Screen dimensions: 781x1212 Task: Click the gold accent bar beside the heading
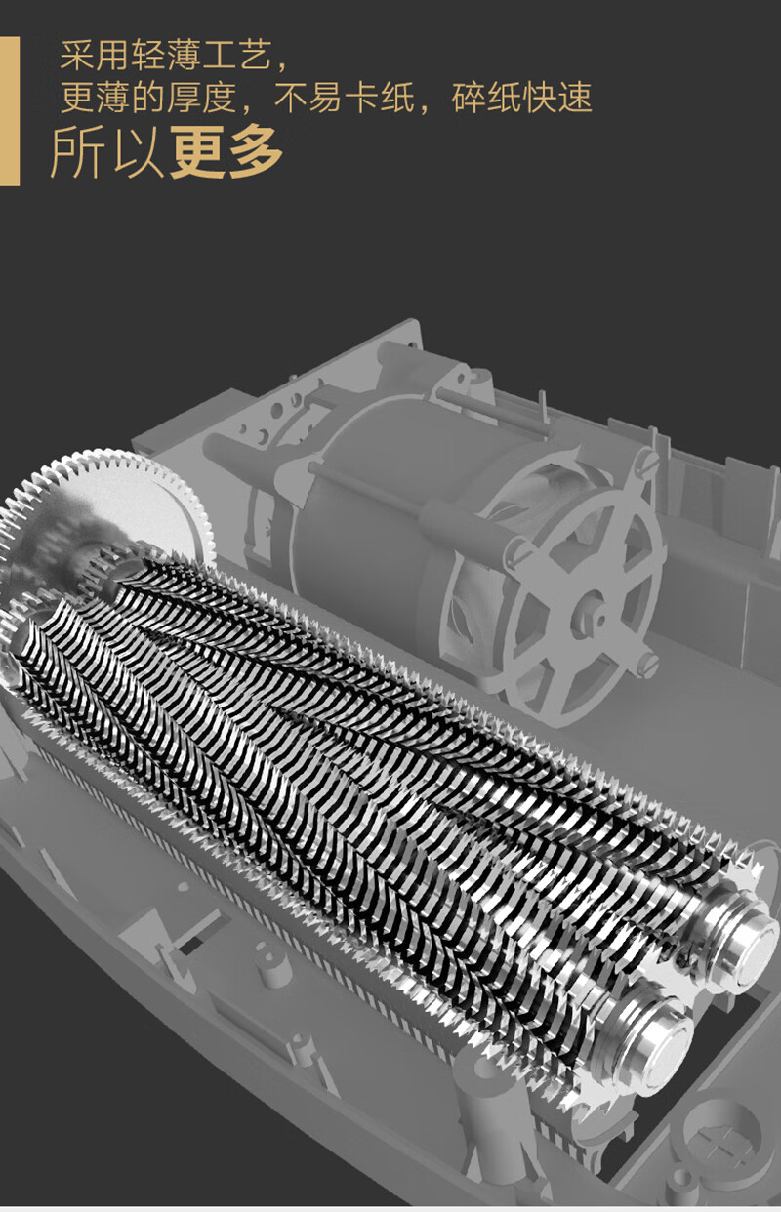pyautogui.click(x=9, y=111)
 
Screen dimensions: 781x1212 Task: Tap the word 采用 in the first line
pyautogui.click(x=95, y=56)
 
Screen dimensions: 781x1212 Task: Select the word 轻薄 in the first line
pyautogui.click(x=166, y=56)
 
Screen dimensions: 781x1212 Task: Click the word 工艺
pyautogui.click(x=236, y=56)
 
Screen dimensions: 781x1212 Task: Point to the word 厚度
pyautogui.click(x=201, y=98)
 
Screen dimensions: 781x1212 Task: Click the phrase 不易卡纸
pyautogui.click(x=344, y=98)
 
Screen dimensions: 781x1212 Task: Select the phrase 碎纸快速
pyautogui.click(x=521, y=98)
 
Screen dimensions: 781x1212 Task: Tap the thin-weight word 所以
pyautogui.click(x=106, y=152)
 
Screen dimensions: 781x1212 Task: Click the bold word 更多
pyautogui.click(x=226, y=152)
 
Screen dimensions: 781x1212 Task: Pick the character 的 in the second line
pyautogui.click(x=147, y=98)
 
